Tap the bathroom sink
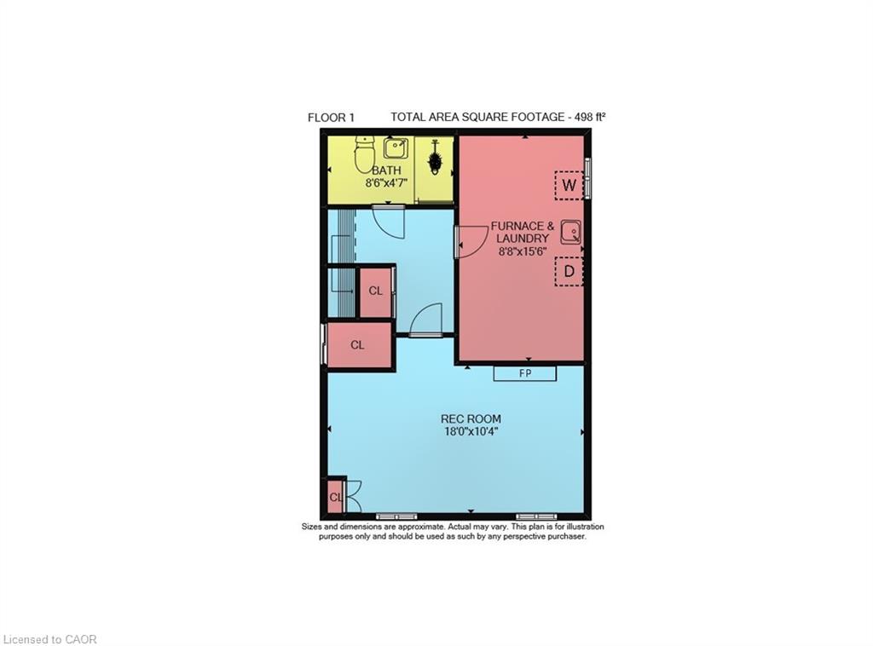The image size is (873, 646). tap(395, 150)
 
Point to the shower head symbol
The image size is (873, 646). tap(435, 159)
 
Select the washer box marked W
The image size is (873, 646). tap(569, 185)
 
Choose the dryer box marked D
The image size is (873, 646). tap(569, 272)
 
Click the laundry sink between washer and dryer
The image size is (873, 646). tap(570, 232)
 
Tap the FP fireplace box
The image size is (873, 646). tap(525, 373)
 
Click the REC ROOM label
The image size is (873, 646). tap(471, 418)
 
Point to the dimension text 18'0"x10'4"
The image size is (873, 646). tap(470, 431)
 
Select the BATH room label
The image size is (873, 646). tap(386, 170)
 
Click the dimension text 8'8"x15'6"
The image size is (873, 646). tap(523, 251)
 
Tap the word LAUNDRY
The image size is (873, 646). tap(523, 239)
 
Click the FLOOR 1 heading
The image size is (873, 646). tap(331, 118)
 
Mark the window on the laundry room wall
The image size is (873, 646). tap(587, 176)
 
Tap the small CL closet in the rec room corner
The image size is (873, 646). tap(334, 497)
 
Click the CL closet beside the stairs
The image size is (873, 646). tap(375, 291)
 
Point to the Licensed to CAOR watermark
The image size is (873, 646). tap(50, 638)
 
